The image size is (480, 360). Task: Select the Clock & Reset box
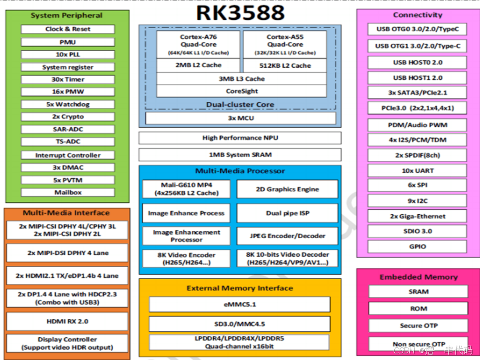pyautogui.click(x=67, y=29)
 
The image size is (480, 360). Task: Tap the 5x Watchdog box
pyautogui.click(x=67, y=104)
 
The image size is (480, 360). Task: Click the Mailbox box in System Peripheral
pyautogui.click(x=67, y=193)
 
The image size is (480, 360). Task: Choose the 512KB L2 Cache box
pyautogui.click(x=285, y=65)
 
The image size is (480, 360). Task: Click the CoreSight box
pyautogui.click(x=242, y=91)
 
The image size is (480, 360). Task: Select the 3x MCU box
pyautogui.click(x=240, y=118)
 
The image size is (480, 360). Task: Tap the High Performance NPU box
pyautogui.click(x=240, y=138)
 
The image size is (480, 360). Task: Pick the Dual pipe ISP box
pyautogui.click(x=287, y=213)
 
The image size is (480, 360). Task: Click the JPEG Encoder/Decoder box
pyautogui.click(x=287, y=236)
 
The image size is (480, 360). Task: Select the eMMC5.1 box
pyautogui.click(x=239, y=305)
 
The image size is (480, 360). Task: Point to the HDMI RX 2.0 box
pyautogui.click(x=67, y=321)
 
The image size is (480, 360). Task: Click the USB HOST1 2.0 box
pyautogui.click(x=418, y=78)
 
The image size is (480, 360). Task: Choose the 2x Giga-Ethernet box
pyautogui.click(x=418, y=217)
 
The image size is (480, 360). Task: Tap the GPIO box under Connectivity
pyautogui.click(x=418, y=247)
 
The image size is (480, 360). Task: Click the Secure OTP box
pyautogui.click(x=418, y=326)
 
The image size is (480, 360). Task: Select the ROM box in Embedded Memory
pyautogui.click(x=418, y=308)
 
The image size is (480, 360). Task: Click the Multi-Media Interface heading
pyautogui.click(x=67, y=212)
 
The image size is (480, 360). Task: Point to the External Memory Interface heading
pyautogui.click(x=240, y=288)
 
